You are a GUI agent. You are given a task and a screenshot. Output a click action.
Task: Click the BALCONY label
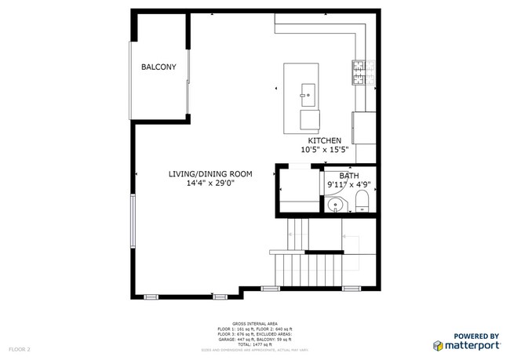pyautogui.click(x=158, y=67)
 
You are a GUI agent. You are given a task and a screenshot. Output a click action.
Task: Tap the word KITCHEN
pyautogui.click(x=325, y=140)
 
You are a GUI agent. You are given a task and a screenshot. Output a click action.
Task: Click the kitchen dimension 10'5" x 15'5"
pyautogui.click(x=325, y=149)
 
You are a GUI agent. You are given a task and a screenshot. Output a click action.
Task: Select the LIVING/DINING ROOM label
pyautogui.click(x=209, y=174)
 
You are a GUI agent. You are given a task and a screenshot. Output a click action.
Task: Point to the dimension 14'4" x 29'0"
pyautogui.click(x=209, y=184)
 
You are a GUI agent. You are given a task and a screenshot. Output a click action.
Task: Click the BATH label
pyautogui.click(x=348, y=176)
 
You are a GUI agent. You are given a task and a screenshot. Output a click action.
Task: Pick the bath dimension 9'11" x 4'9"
pyautogui.click(x=348, y=186)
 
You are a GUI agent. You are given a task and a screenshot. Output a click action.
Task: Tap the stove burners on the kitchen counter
pyautogui.click(x=359, y=73)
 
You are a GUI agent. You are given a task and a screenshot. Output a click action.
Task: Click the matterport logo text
pyautogui.click(x=469, y=345)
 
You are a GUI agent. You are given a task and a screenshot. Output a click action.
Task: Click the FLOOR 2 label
pyautogui.click(x=20, y=348)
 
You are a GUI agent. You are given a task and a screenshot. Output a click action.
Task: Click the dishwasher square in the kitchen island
pyautogui.click(x=311, y=120)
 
